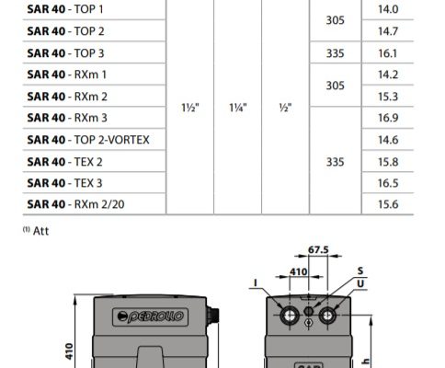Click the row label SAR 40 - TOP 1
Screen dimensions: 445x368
pos(65,9)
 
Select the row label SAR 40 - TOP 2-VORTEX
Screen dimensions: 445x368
pos(88,140)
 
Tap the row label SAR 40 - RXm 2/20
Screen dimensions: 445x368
pos(75,204)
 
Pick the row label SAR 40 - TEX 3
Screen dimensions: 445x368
pos(64,183)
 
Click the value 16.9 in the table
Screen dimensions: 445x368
pos(388,118)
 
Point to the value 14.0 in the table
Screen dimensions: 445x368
pos(388,9)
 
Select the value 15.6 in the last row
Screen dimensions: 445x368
pos(388,204)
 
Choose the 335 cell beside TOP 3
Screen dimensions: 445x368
pos(336,53)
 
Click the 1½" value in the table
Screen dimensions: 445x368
pos(190,108)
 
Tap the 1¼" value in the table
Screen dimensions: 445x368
pos(238,108)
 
